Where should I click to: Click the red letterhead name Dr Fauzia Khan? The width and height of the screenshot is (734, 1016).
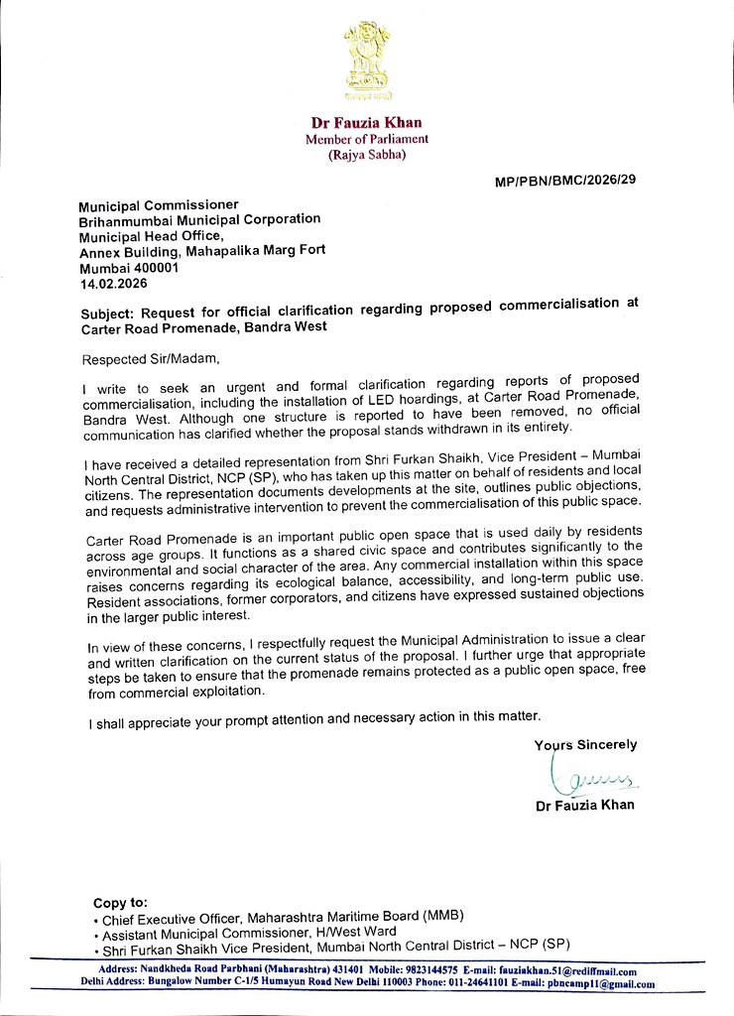[x=367, y=123]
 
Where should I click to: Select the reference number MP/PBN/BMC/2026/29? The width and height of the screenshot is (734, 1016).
[x=564, y=183]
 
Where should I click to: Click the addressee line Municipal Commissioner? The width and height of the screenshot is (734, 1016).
[x=159, y=203]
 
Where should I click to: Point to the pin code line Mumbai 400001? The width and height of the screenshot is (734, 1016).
[x=129, y=267]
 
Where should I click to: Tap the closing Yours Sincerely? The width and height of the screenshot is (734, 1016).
[x=585, y=744]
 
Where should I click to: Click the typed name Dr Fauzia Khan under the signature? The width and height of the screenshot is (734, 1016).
[x=584, y=805]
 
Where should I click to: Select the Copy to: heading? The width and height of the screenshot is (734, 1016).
[x=120, y=902]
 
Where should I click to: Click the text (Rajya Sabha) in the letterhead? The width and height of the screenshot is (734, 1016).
[x=366, y=155]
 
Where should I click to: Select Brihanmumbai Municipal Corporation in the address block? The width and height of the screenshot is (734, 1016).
[x=200, y=219]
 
